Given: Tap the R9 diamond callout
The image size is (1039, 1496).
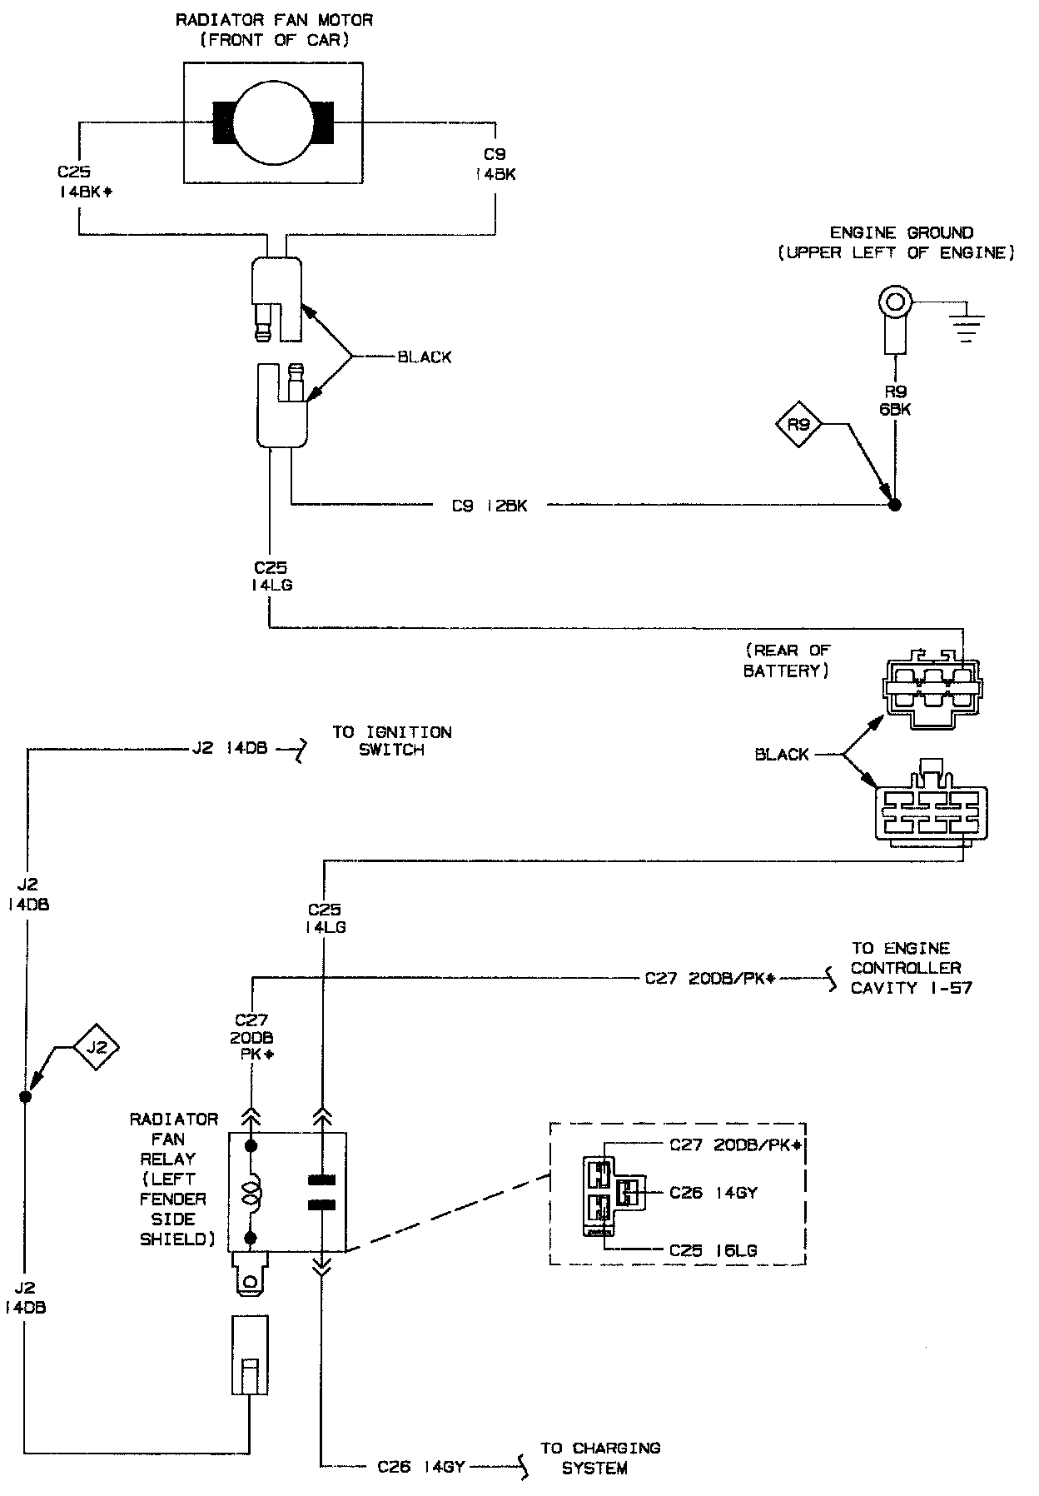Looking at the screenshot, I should coord(798,426).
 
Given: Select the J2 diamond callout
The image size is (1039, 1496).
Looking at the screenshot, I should coord(97,1047).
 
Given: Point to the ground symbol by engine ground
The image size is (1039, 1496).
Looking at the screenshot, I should coord(967,328).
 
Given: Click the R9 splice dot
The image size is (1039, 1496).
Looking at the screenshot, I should coord(895,504).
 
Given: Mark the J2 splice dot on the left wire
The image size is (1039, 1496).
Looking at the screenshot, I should coord(25,1097).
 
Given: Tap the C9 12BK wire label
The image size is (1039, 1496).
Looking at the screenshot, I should coord(490,506).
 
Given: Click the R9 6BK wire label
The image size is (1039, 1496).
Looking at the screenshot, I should coord(896,401).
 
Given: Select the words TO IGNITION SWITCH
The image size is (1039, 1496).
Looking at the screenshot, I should coord(392,741).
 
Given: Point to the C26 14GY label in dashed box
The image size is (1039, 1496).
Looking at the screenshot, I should coord(713,1193).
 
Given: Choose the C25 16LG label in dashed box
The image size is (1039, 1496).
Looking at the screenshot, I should coord(713,1250).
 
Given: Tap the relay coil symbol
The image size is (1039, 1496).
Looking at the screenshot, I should coord(250,1191).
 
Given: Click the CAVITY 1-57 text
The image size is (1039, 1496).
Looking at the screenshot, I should coord(911,988).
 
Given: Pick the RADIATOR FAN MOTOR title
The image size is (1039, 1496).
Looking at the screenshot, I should coord(274,29).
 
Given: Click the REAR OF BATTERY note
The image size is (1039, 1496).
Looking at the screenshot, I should coord(787,661).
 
